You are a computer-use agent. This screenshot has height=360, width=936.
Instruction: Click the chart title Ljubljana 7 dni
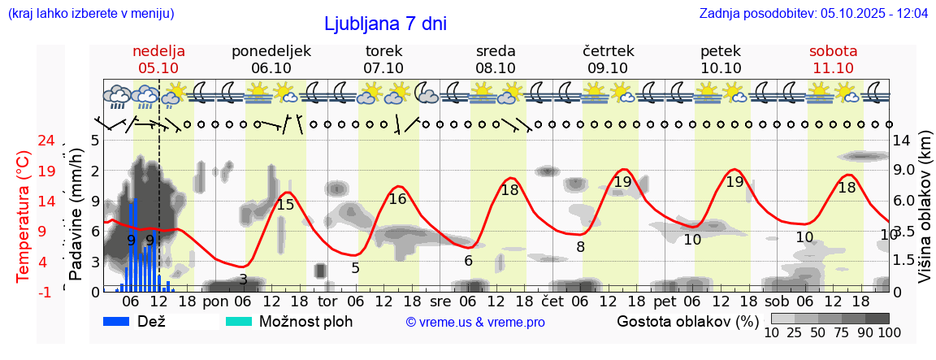pos(385,24)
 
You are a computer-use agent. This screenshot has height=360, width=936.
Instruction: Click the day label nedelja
pos(158,51)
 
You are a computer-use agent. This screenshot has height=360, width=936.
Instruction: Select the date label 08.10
pos(496,68)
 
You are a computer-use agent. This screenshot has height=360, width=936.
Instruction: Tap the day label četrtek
pos(608,51)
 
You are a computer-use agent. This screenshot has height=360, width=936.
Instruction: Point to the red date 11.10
pos(833,68)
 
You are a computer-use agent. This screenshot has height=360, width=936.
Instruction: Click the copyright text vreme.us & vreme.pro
pos(475,322)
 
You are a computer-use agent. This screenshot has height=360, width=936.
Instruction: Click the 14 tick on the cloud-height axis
pos(902,141)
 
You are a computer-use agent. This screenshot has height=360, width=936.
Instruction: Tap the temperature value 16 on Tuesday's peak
pos(397,198)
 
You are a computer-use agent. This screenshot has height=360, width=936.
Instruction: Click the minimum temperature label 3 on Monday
pos(243,280)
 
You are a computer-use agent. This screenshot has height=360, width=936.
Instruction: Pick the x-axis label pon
pos(216,301)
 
